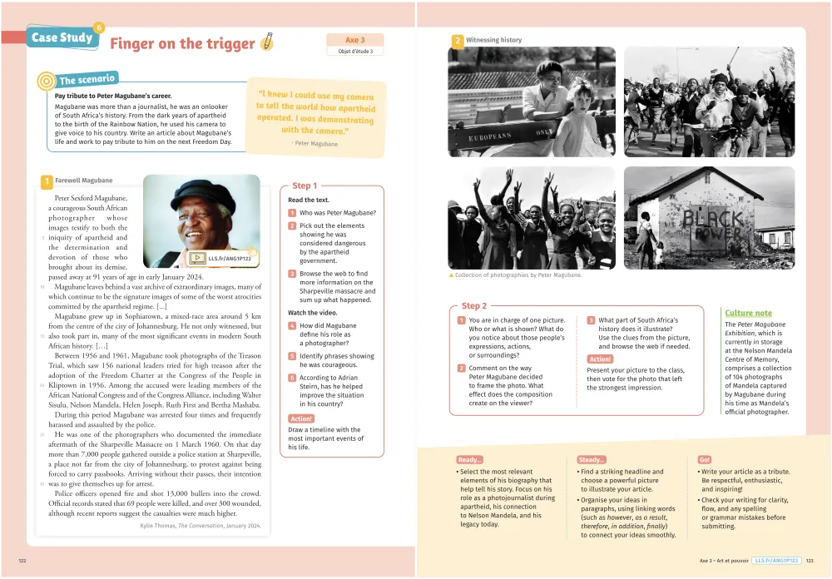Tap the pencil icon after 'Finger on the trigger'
coord(267,41)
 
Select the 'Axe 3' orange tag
coord(355,40)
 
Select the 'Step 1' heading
coord(304,186)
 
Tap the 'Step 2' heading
coord(474,306)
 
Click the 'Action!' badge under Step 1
coord(301,418)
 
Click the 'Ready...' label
coord(470,459)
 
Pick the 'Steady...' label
coord(592,459)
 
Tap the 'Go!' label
coord(705,459)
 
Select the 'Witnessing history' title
coord(493,40)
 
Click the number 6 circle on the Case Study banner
coord(99,28)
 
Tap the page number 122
coord(22,561)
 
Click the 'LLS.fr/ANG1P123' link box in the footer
coord(776,561)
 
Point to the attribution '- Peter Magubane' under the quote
coord(314,144)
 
